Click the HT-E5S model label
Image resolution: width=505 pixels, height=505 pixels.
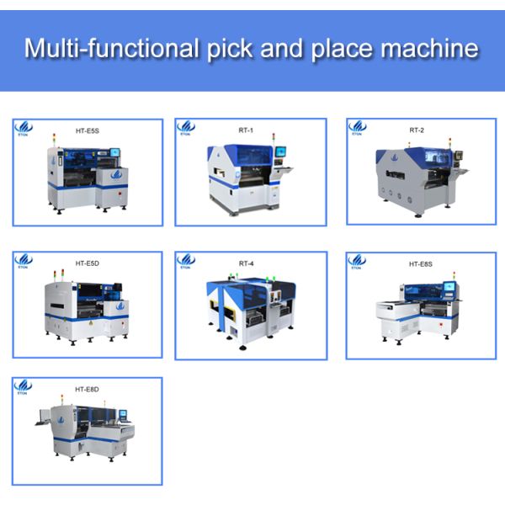85,131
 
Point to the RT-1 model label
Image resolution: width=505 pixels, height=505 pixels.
246,130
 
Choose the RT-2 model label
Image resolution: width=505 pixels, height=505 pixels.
417,130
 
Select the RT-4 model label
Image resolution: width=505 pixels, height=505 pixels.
246,263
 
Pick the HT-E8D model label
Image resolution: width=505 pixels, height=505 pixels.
86,390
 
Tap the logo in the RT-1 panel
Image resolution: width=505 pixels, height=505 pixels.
186,128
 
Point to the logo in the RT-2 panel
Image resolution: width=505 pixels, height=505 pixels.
357,128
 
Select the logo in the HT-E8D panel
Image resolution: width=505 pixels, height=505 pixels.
24,387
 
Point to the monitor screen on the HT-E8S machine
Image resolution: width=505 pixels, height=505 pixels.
449,290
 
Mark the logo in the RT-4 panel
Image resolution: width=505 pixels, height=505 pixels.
186,261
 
